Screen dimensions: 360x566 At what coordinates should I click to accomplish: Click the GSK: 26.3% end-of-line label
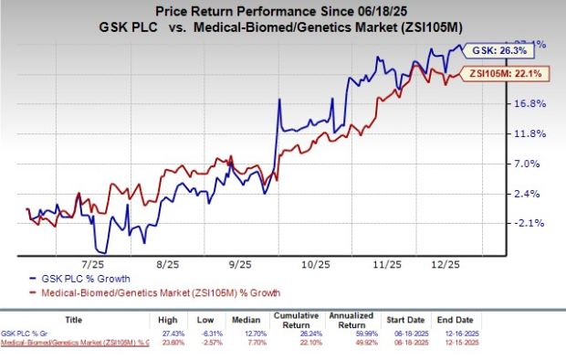point(494,50)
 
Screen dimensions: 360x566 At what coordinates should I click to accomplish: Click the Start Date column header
point(449,321)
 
